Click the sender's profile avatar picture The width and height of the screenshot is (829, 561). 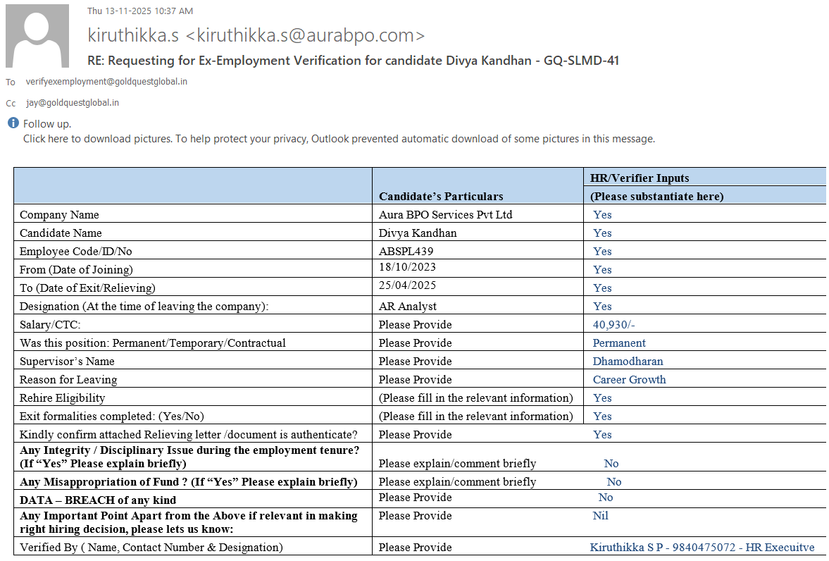[37, 36]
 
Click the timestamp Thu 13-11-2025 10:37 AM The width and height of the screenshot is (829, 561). [139, 11]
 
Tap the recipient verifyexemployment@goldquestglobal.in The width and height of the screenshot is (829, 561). [106, 82]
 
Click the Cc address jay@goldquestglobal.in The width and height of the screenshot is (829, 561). [73, 103]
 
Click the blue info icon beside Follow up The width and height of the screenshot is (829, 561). [13, 123]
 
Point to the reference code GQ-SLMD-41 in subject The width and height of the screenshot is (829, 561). [581, 61]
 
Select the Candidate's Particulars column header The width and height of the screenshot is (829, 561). [441, 197]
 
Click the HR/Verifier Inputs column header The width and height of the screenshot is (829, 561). [640, 178]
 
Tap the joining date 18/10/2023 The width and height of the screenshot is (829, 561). [407, 268]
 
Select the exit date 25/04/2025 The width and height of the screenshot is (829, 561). [407, 285]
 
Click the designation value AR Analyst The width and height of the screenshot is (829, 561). [408, 307]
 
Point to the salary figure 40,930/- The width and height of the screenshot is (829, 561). [614, 325]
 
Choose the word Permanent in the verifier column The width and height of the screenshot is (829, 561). [619, 343]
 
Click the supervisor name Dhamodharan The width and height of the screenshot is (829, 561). [628, 362]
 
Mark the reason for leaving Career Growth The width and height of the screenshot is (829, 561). [629, 380]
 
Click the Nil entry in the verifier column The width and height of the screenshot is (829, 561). [600, 516]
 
